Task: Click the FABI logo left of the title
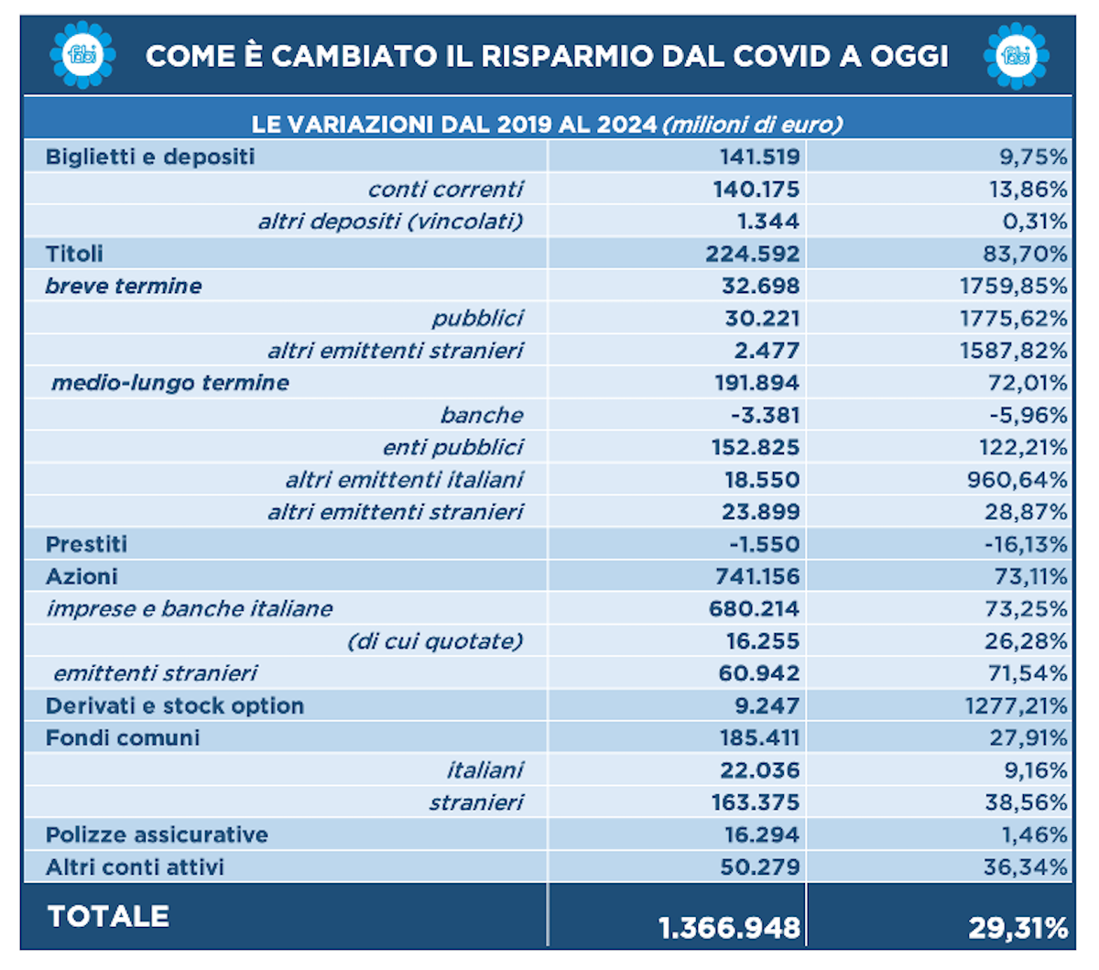(x=82, y=55)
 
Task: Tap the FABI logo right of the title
(x=1016, y=56)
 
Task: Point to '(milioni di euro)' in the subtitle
(x=753, y=125)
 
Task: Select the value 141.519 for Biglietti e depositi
(x=759, y=157)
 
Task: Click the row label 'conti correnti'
(x=445, y=190)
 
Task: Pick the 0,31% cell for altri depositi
(x=1035, y=222)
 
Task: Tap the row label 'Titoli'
(x=74, y=254)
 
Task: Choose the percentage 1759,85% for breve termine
(x=1013, y=286)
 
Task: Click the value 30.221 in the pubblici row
(x=762, y=319)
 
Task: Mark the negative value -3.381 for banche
(x=765, y=416)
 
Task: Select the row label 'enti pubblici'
(x=453, y=448)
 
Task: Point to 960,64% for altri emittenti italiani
(x=1017, y=480)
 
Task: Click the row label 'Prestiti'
(x=86, y=544)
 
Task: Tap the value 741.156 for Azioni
(x=757, y=576)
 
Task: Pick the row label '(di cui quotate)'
(x=434, y=641)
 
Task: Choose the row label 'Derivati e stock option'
(x=175, y=706)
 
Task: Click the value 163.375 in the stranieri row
(x=756, y=802)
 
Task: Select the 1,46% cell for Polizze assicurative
(x=1034, y=835)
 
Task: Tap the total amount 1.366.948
(x=729, y=928)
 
